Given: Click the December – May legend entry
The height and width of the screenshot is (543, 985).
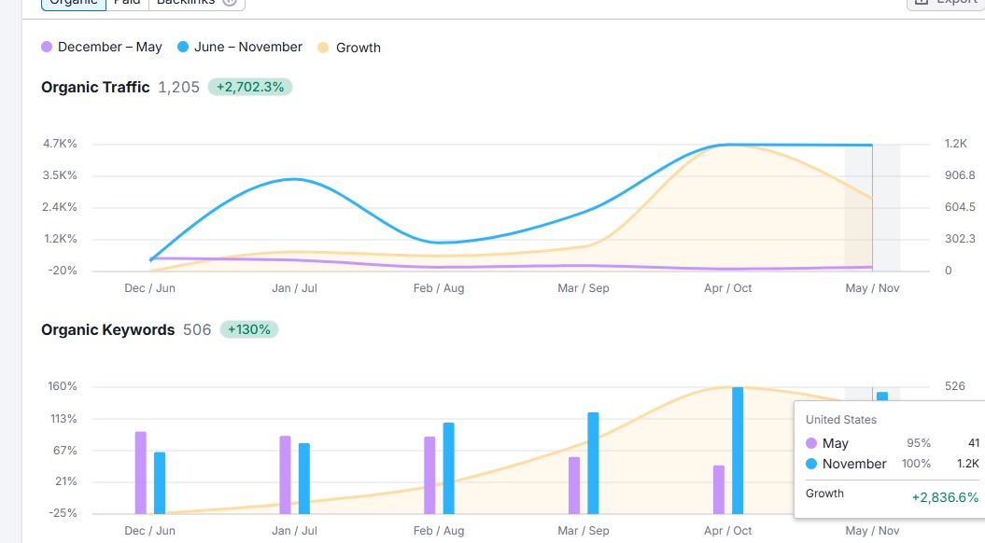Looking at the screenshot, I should coord(102,47).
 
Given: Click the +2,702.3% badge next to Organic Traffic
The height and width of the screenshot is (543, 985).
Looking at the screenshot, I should coord(250,87).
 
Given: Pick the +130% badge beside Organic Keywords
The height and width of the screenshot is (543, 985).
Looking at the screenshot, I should coord(248,329).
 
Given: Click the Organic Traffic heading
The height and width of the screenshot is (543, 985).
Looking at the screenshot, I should coord(95,87).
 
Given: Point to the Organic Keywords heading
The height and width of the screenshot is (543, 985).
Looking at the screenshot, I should coord(107,329).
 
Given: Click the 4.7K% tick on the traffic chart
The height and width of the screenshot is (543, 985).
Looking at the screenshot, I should coord(60,144).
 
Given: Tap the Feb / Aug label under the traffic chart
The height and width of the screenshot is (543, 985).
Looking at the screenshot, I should coord(439,288).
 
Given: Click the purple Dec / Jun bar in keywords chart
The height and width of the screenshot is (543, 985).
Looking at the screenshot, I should coord(141,472).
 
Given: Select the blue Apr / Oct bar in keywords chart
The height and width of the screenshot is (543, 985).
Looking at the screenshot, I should coord(738,450).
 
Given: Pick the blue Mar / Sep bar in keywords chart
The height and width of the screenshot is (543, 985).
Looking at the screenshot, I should coord(593,463).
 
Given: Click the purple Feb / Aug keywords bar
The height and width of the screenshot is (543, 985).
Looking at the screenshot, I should coord(429,475).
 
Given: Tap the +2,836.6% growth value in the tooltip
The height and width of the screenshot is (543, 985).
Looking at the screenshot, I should coord(945,497).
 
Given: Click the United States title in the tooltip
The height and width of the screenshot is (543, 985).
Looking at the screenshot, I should coord(841,420).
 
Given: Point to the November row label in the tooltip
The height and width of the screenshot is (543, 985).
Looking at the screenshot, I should coord(854,464).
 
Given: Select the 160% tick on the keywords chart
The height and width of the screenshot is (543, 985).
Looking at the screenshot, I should coord(63,386).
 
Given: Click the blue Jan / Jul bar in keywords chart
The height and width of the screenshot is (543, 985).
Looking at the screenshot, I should coord(304,478).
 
